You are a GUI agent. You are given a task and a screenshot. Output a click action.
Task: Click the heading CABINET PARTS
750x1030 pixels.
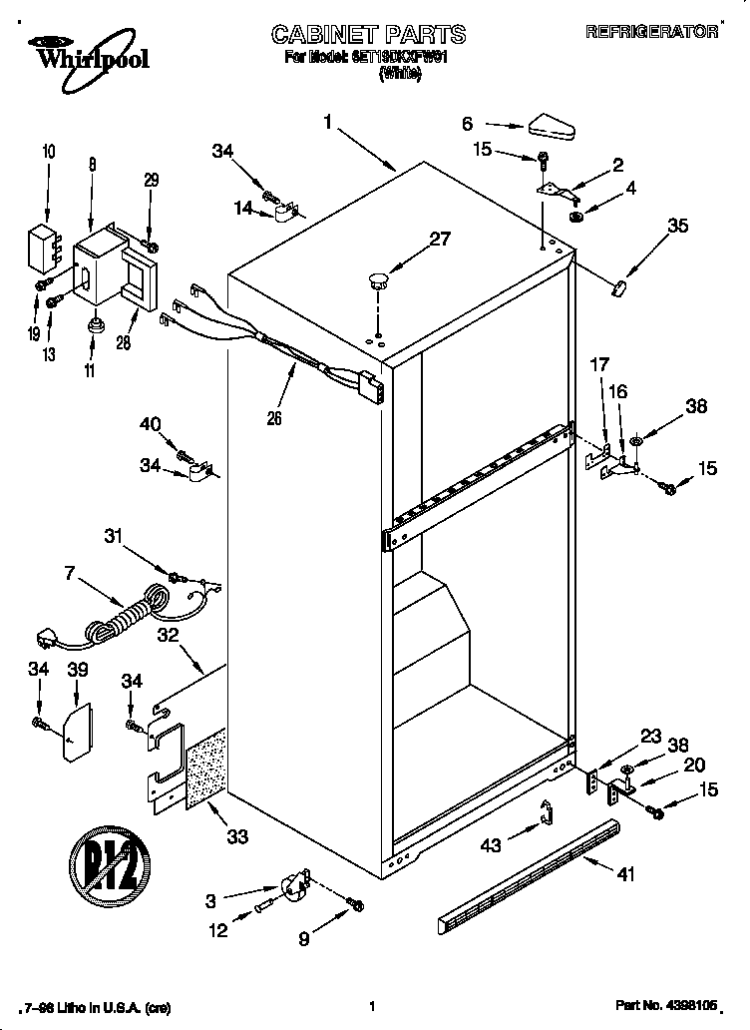click(369, 34)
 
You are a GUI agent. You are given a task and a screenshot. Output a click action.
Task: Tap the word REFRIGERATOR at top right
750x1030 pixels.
click(652, 33)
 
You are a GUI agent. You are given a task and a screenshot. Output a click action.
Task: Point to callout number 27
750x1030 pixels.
click(440, 239)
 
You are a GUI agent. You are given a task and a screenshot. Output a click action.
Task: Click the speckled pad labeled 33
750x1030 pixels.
click(205, 767)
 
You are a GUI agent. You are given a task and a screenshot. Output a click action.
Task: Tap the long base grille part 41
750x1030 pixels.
click(528, 872)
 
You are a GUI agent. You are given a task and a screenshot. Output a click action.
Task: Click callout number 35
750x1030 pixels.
click(677, 226)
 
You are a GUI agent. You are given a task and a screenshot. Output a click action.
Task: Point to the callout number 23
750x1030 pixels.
click(650, 737)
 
